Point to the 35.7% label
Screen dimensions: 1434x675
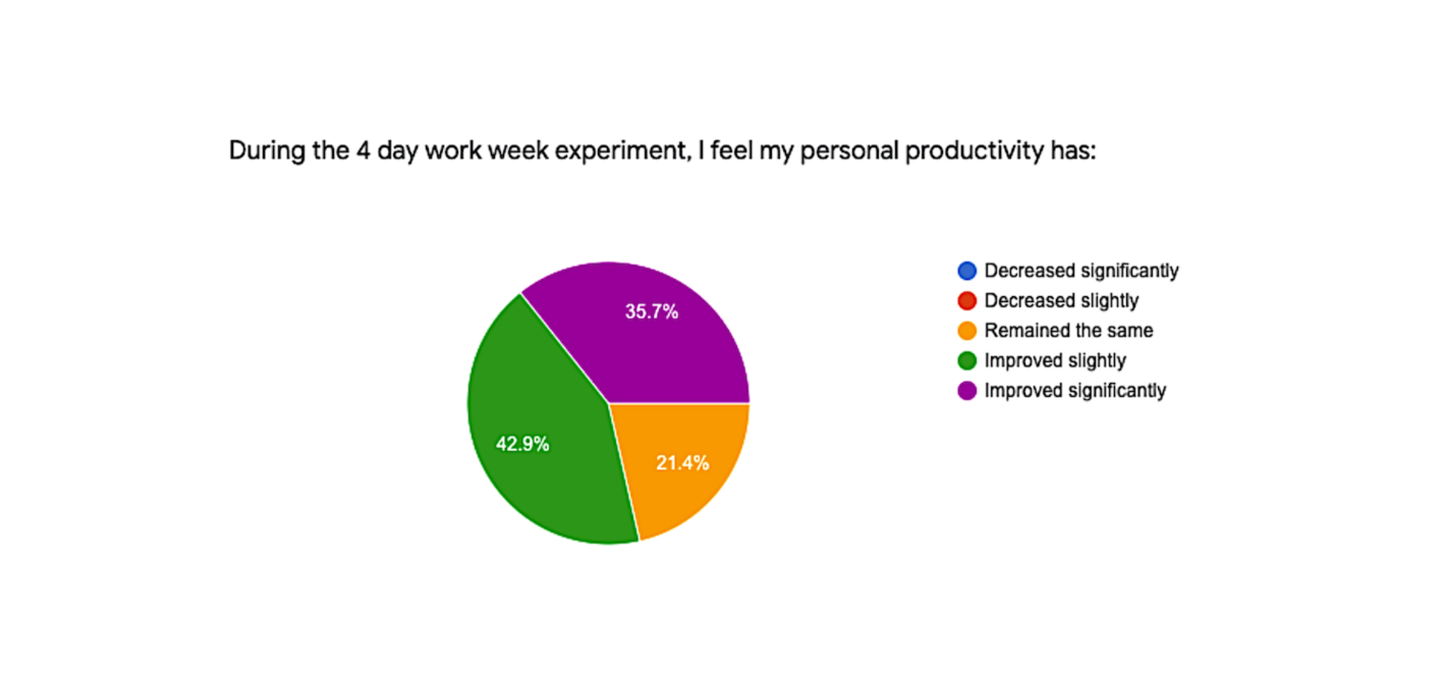651,311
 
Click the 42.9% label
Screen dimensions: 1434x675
523,444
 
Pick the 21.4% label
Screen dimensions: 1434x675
683,463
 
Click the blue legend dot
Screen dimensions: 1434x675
967,270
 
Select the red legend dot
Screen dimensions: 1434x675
967,301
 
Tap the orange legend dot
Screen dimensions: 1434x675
967,331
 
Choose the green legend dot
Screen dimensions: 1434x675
967,360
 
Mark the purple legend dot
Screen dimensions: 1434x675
967,390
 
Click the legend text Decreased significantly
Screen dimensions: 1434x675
1081,271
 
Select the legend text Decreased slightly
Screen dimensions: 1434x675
1061,301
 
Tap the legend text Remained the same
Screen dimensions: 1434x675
1068,331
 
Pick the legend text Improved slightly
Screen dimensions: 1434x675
1055,361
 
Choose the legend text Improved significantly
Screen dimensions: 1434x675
1075,391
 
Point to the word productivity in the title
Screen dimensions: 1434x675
974,151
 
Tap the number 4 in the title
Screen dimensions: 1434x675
364,151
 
